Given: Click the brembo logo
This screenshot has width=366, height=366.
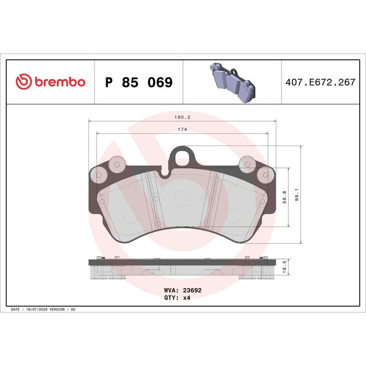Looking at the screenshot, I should point(50,82).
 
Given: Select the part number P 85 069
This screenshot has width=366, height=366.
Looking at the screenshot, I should point(139,83).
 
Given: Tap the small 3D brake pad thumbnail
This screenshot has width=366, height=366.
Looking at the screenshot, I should point(233,82).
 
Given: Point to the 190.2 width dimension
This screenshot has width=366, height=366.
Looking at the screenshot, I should point(182,117).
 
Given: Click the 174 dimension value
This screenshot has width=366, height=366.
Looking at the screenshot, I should point(182,129).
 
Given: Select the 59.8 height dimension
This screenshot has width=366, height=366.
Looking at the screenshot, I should point(284,197).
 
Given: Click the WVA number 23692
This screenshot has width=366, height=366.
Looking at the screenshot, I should point(192,290).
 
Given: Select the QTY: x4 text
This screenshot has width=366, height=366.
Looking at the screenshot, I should point(177,297).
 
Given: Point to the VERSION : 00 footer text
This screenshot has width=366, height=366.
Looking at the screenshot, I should point(64,310).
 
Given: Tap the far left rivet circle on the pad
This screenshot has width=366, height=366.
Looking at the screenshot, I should point(98,174).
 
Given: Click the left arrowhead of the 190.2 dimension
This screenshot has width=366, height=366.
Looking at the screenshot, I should point(90,121).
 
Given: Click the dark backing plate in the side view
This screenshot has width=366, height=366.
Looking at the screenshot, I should point(182,263).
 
